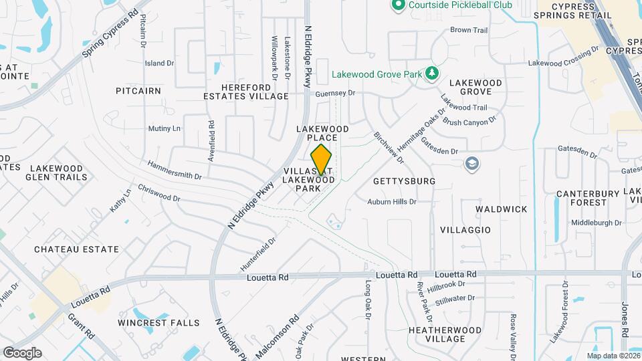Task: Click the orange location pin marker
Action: pos(322,159)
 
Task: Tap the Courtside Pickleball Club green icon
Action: pos(399,5)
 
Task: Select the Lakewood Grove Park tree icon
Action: pos(433,73)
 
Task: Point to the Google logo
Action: pos(22,353)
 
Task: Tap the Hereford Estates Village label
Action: pos(246,92)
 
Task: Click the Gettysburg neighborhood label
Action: pos(404,181)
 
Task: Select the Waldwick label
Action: pos(502,209)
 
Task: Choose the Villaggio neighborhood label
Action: pos(465,230)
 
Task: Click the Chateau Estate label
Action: pos(77,249)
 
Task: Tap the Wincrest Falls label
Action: pos(158,323)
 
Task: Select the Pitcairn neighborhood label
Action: pos(138,90)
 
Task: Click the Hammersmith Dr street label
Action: pos(175,171)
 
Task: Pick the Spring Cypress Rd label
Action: pos(110,33)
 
